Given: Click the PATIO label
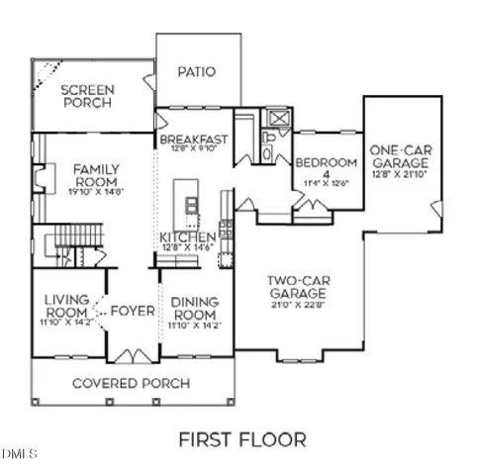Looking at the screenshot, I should (x=196, y=71).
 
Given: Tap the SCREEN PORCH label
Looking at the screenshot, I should (x=88, y=96).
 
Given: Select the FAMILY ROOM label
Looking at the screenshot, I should (x=96, y=176).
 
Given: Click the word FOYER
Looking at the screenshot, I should (x=133, y=311).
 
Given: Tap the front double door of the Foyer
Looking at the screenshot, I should (x=132, y=354).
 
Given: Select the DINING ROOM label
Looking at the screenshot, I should (x=195, y=309).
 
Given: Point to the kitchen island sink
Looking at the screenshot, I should (x=190, y=205).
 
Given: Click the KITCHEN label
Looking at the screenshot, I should (x=188, y=238).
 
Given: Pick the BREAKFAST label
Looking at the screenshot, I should (x=193, y=141).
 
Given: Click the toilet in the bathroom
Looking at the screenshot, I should (x=267, y=153).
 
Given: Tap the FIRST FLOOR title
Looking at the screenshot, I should (x=241, y=438).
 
